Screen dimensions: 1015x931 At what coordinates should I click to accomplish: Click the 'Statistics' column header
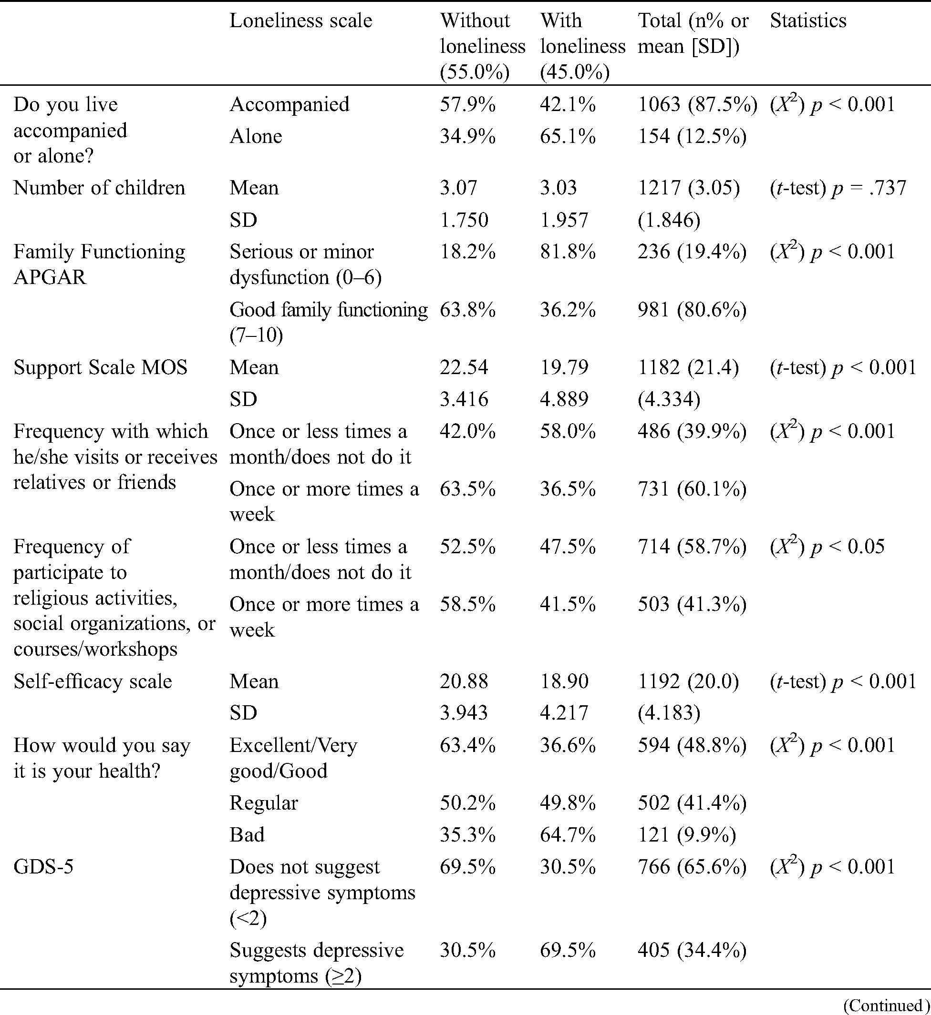click(x=808, y=20)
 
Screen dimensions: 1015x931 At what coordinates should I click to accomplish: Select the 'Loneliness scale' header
click(x=301, y=20)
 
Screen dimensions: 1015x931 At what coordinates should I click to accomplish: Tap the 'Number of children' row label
click(x=99, y=188)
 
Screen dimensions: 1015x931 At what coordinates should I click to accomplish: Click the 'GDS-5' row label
click(x=43, y=866)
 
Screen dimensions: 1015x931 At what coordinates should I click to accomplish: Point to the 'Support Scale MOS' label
click(x=100, y=367)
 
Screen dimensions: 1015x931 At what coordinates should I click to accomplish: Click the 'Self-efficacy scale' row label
click(x=93, y=681)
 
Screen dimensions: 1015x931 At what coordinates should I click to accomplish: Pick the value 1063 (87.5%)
click(x=697, y=104)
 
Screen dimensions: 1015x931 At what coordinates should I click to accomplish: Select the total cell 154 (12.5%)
click(x=692, y=136)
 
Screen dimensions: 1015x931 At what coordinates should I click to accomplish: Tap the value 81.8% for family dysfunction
click(x=568, y=251)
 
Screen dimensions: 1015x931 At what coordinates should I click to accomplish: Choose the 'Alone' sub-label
click(x=256, y=136)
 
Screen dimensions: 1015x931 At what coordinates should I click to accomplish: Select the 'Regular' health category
click(x=263, y=802)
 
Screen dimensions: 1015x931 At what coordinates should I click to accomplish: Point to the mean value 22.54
click(x=464, y=367)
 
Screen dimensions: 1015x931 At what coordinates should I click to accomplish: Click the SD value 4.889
click(x=564, y=399)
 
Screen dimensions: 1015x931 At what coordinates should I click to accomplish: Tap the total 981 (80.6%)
click(x=692, y=310)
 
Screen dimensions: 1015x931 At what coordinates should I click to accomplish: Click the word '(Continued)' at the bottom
click(x=886, y=1005)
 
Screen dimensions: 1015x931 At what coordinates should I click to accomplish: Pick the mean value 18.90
click(x=564, y=681)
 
